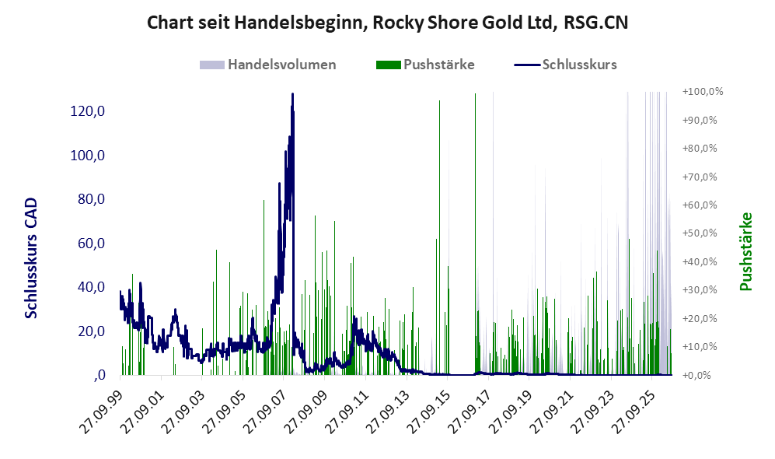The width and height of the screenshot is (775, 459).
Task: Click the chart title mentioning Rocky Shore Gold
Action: (x=387, y=23)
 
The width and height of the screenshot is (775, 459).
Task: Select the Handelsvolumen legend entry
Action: (x=268, y=65)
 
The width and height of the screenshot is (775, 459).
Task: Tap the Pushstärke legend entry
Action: (x=425, y=65)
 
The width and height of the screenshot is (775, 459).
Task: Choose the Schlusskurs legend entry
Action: (x=565, y=65)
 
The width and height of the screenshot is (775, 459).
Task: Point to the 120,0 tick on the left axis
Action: (x=88, y=111)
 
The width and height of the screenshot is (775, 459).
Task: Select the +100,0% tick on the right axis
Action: (x=703, y=92)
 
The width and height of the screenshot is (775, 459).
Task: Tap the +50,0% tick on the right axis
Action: (x=700, y=233)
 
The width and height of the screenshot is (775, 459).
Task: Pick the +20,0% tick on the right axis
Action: (x=700, y=318)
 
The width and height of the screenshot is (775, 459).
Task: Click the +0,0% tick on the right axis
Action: (x=696, y=375)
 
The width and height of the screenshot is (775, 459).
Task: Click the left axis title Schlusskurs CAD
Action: (x=31, y=258)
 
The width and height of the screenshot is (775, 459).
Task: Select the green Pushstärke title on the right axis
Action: (x=745, y=252)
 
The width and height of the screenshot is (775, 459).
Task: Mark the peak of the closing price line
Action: (x=292, y=93)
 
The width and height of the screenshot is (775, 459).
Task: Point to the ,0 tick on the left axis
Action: (x=99, y=375)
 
